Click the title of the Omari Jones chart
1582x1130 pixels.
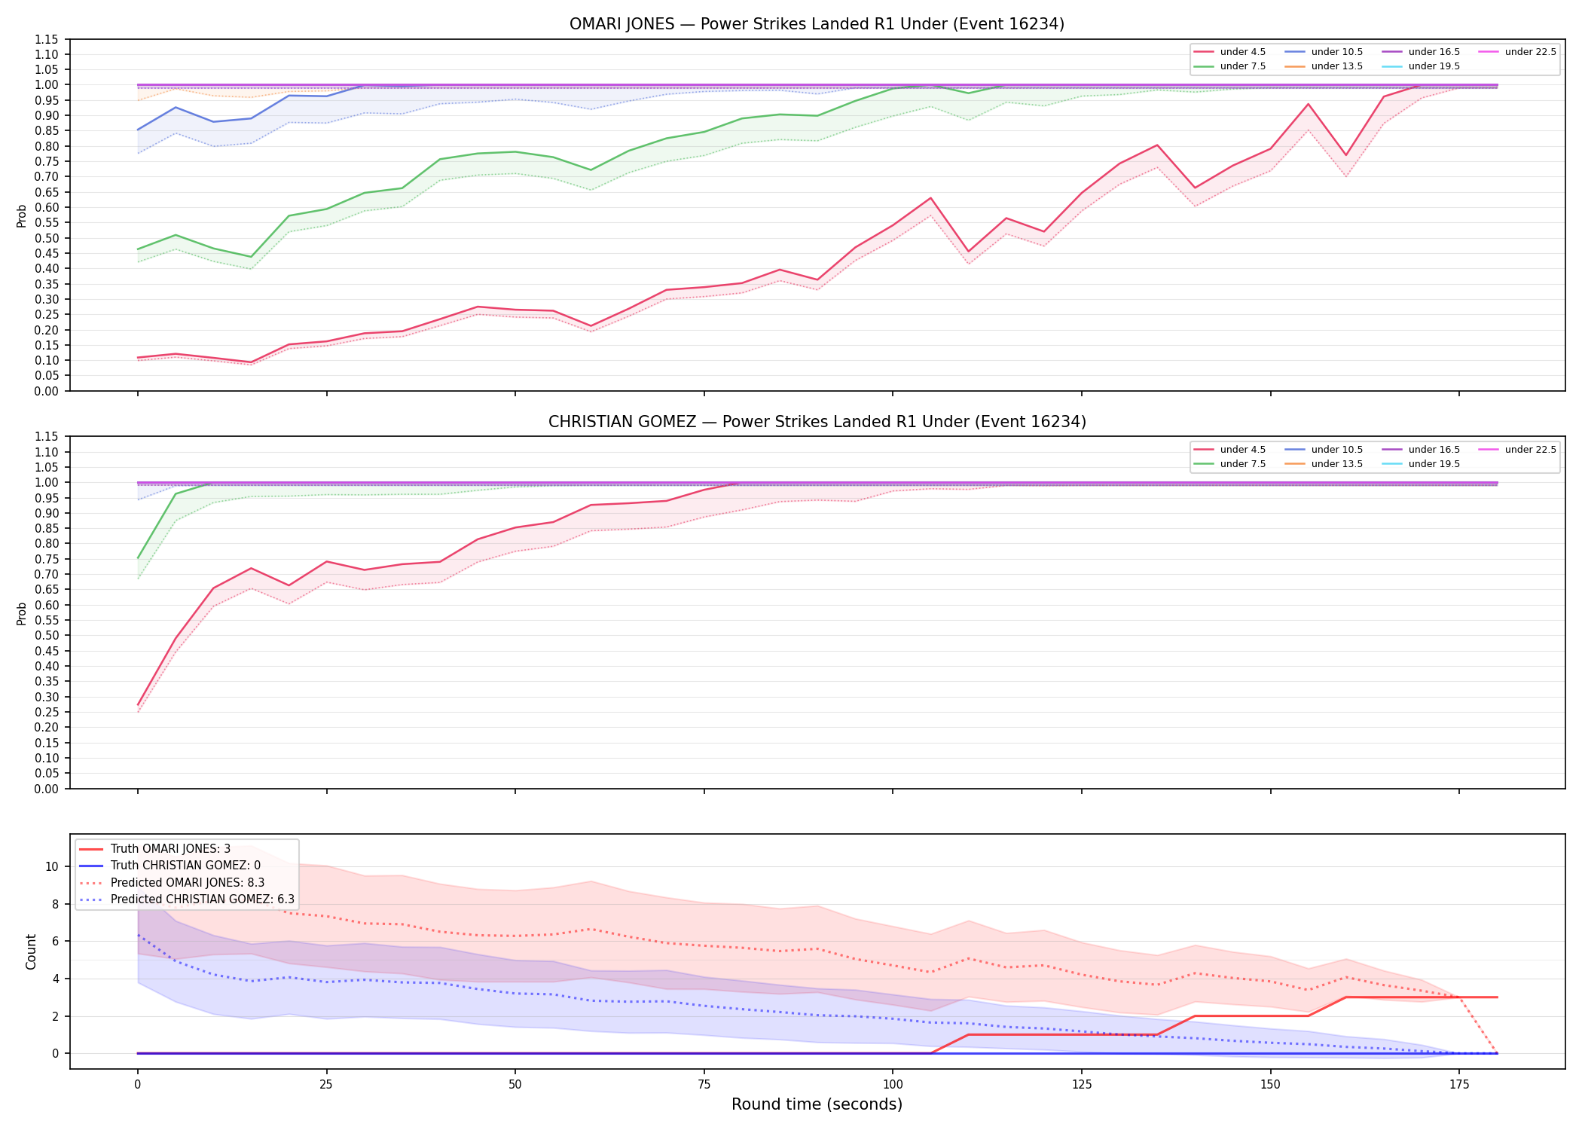coord(817,24)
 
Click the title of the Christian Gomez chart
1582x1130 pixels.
coord(817,422)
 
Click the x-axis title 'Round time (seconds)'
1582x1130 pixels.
coord(817,1104)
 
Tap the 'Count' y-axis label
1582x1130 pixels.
coord(31,951)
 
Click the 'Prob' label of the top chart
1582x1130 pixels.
coord(22,216)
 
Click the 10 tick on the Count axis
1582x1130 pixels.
coord(52,866)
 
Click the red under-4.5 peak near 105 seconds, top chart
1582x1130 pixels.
coord(930,198)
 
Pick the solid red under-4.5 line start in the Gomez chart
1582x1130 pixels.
coord(138,705)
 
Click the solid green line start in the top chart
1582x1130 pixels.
coord(138,249)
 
